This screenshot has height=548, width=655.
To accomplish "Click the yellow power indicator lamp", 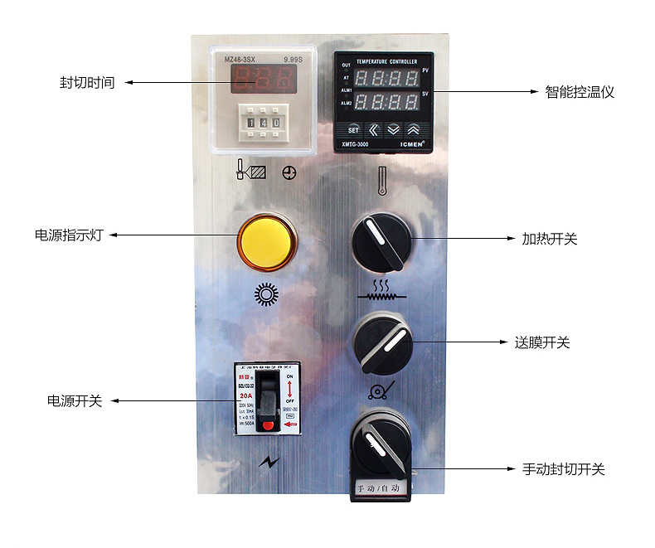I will [x=266, y=241].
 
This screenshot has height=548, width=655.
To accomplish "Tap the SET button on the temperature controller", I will [x=353, y=129].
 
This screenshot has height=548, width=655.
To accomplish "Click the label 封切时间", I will [x=86, y=83].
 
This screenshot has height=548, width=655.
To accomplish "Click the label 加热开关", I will [x=549, y=239].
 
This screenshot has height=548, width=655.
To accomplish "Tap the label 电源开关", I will [x=75, y=400].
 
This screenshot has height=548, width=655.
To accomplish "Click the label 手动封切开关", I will [x=563, y=469].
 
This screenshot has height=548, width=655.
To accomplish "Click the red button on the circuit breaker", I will [x=267, y=425].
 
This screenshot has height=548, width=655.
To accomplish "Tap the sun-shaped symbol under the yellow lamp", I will [x=265, y=294].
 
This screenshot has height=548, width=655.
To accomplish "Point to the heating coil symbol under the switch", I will [x=381, y=289].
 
